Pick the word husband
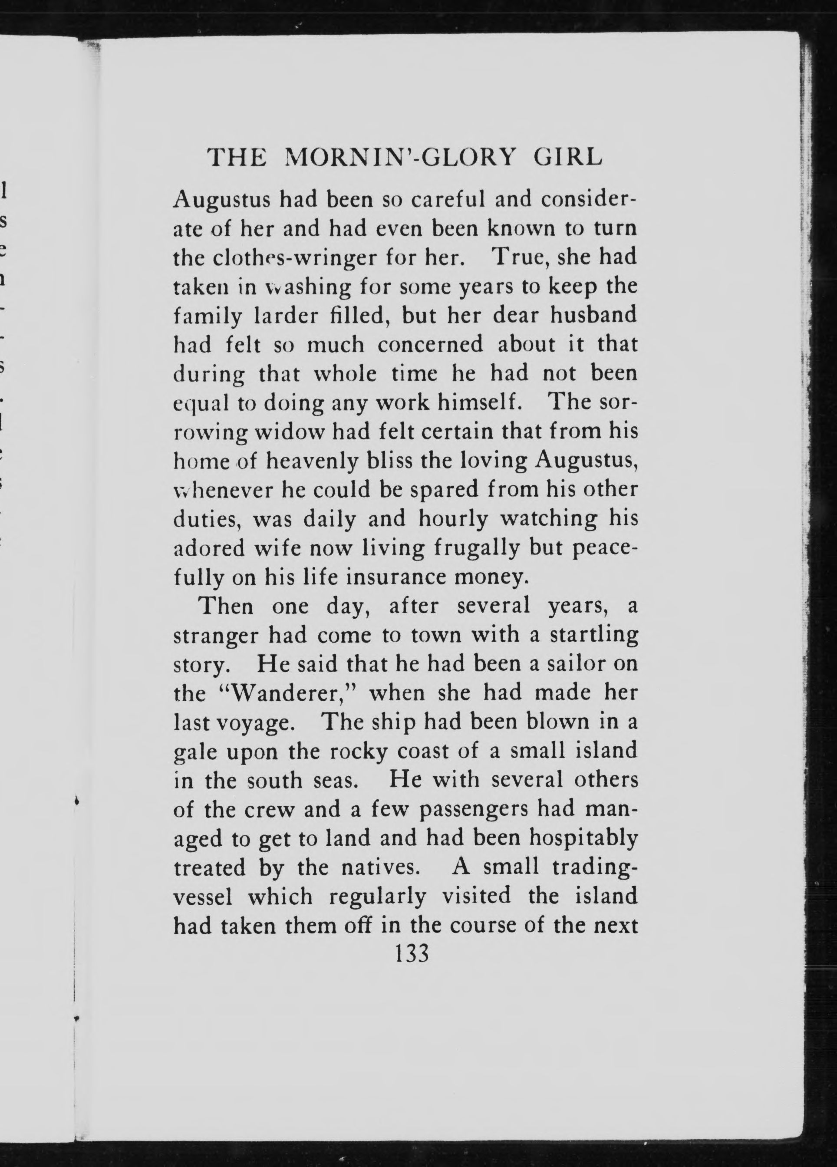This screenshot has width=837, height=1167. [593, 314]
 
